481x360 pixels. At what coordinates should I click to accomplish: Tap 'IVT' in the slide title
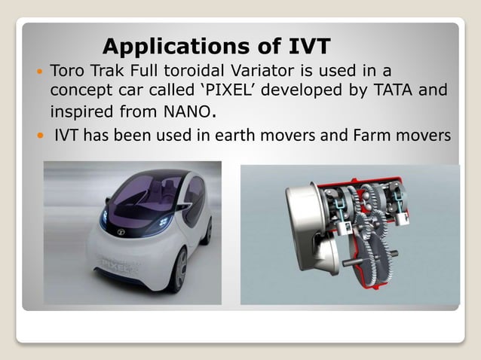click(305, 47)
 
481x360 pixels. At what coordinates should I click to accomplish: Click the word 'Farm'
click(369, 136)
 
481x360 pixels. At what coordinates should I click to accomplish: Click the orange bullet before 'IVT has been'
click(40, 137)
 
